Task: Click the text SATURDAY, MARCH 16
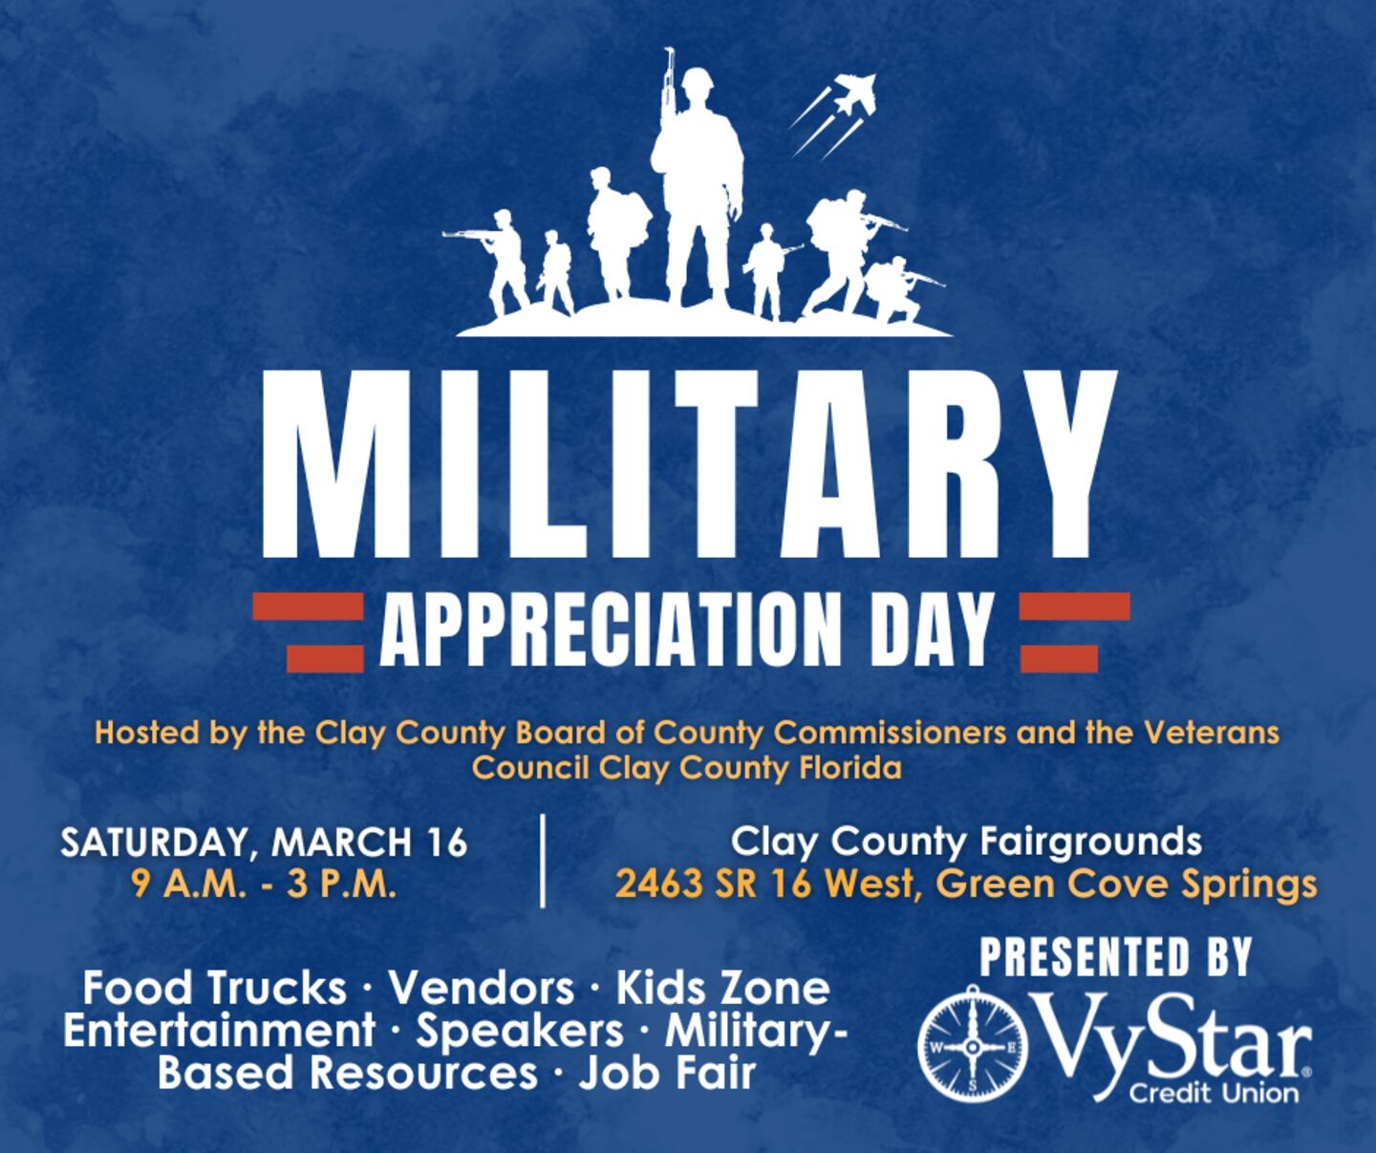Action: click(265, 843)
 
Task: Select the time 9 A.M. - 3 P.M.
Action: click(265, 886)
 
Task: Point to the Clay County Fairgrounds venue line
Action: click(965, 842)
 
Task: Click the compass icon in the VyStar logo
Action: click(972, 1047)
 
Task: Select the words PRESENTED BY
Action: click(1114, 956)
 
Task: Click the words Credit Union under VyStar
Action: click(1213, 1092)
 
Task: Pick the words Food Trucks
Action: click(214, 989)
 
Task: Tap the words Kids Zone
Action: click(722, 989)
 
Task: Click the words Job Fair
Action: click(667, 1073)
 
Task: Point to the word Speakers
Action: click(520, 1031)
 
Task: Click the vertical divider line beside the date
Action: click(542, 860)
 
